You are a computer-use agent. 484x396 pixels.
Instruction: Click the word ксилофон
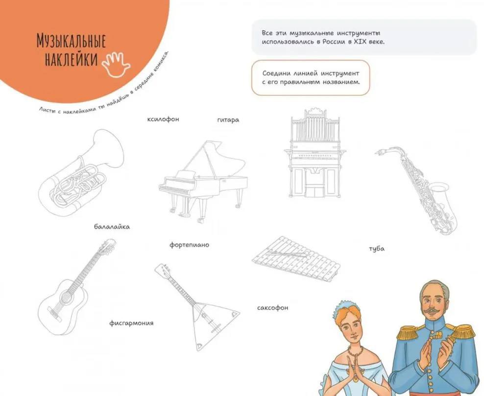point(163,119)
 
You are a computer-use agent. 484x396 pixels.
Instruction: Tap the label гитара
point(228,120)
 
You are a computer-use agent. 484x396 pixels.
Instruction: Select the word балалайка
point(112,227)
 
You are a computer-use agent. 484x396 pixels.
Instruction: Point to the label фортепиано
point(189,245)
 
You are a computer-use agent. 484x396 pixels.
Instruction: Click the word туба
point(377,248)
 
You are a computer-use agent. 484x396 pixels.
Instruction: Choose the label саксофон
point(272,308)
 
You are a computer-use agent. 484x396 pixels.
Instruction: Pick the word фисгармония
point(131,323)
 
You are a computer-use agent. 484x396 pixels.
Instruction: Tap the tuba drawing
point(82,173)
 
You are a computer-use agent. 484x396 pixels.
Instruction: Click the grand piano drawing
point(203,182)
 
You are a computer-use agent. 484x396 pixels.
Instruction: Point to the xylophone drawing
point(296,259)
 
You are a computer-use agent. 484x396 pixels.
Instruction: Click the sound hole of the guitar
point(66,297)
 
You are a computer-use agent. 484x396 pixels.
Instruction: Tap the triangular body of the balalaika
point(210,324)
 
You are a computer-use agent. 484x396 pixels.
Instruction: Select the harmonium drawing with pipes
point(315,153)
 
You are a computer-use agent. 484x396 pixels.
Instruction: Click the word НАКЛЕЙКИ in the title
point(72,60)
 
